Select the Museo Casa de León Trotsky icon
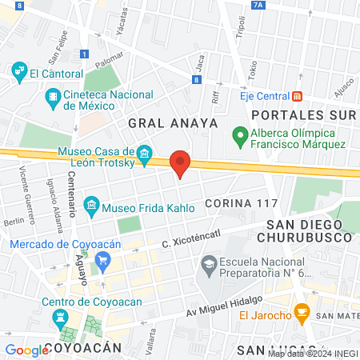click(x=145, y=153)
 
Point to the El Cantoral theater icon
click(x=19, y=73)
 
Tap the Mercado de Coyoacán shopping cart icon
click(x=102, y=259)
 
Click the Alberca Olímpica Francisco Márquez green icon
click(x=238, y=136)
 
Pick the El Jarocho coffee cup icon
click(x=302, y=310)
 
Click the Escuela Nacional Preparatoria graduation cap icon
click(x=209, y=262)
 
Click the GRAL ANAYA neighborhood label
click(x=172, y=122)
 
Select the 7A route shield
click(x=257, y=5)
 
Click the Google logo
click(x=26, y=350)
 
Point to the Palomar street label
click(x=109, y=61)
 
